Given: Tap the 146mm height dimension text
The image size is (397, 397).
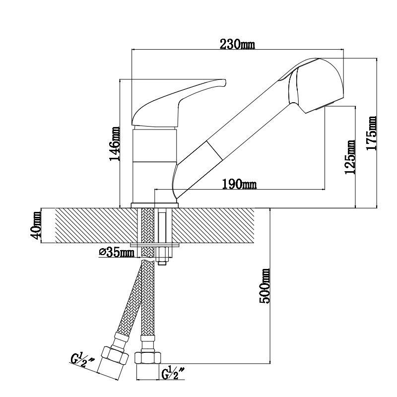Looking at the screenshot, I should pyautogui.click(x=115, y=144).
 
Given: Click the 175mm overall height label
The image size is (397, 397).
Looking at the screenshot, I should pyautogui.click(x=371, y=133).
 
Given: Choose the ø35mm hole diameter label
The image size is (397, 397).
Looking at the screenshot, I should pyautogui.click(x=117, y=253).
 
